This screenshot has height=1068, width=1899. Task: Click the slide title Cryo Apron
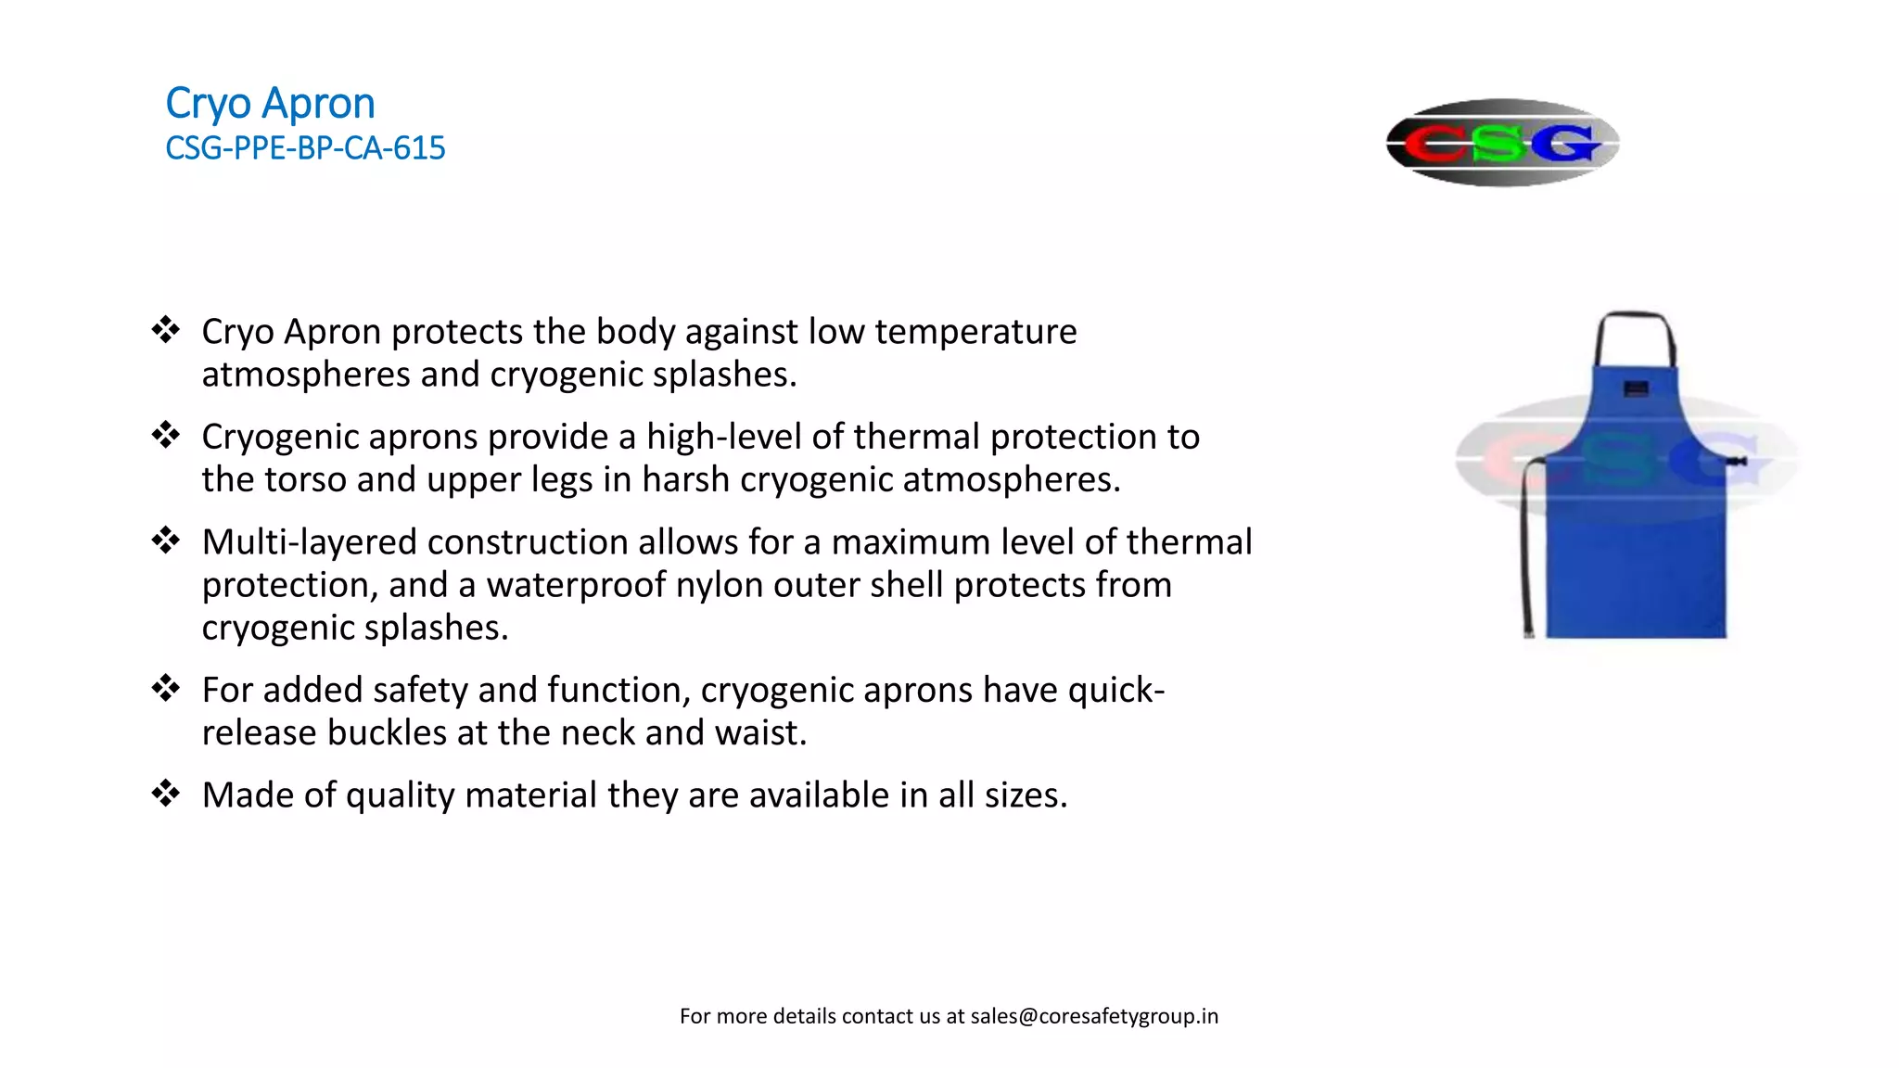(x=270, y=104)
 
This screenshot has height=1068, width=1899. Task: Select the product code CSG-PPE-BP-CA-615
(x=305, y=148)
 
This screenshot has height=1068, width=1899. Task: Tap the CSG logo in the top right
(x=1502, y=143)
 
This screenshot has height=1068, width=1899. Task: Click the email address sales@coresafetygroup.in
(x=1094, y=1016)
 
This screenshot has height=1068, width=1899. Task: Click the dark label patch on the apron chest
(x=1636, y=388)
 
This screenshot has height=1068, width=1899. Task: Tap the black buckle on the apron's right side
(x=1736, y=461)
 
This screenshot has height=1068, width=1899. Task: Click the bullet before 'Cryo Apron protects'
(x=166, y=330)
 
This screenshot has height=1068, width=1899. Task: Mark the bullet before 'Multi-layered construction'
(x=166, y=540)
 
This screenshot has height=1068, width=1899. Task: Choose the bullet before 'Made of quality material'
(x=166, y=794)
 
